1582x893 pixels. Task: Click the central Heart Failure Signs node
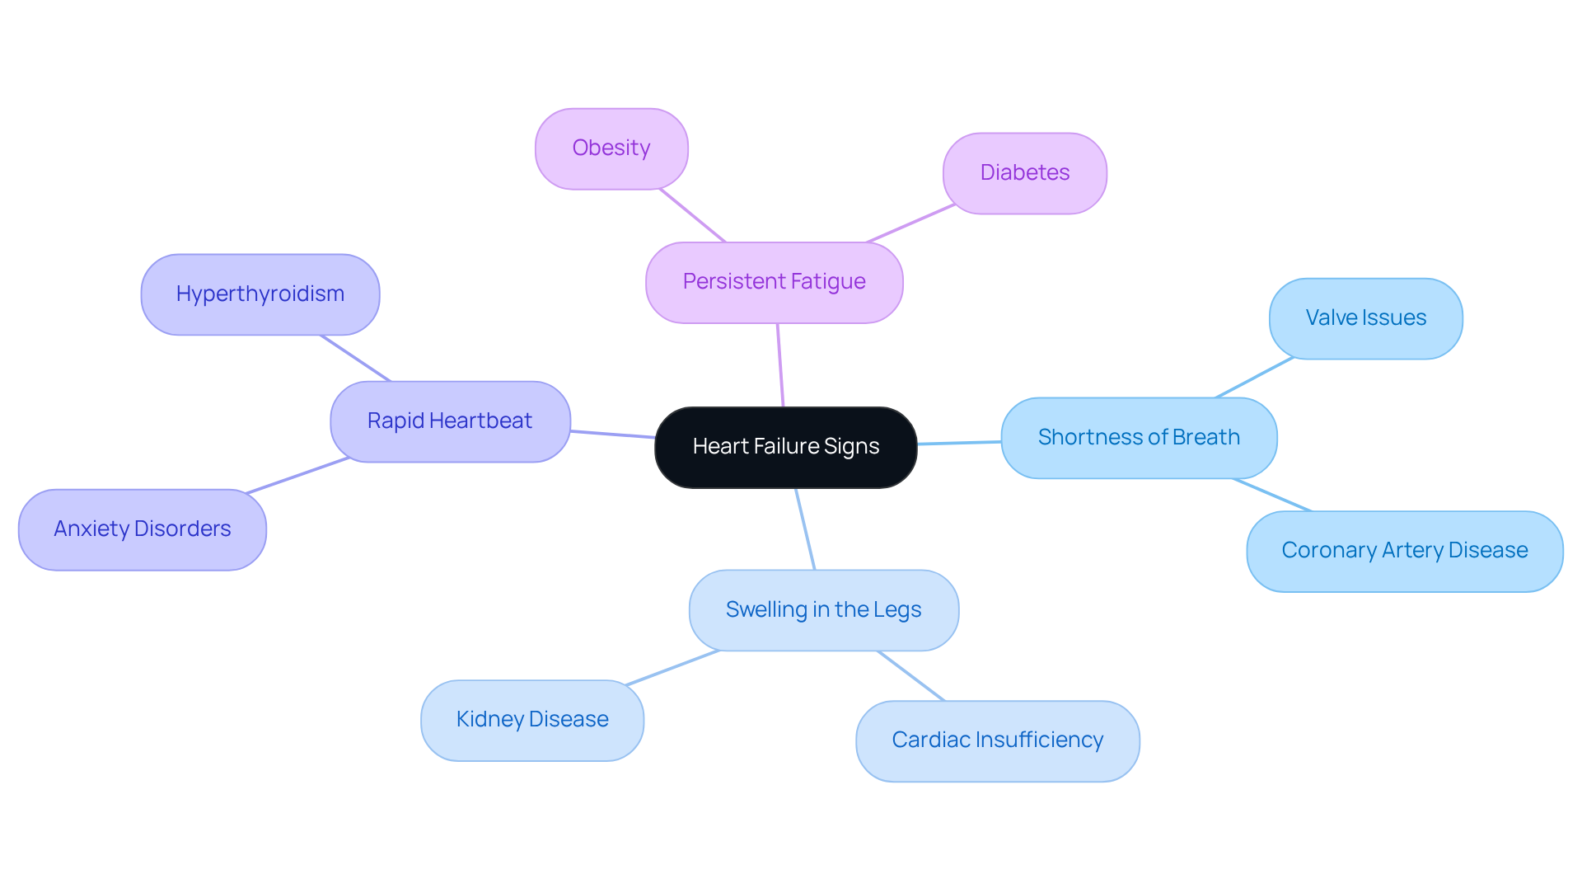tap(785, 447)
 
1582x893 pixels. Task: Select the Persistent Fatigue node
tap(774, 282)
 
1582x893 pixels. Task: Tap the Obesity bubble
tap(611, 148)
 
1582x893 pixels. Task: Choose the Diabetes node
tap(1024, 173)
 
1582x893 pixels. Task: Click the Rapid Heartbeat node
tap(450, 421)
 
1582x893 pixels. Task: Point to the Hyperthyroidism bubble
tap(260, 294)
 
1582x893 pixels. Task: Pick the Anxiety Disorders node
tap(143, 529)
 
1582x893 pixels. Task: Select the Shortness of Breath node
tap(1139, 438)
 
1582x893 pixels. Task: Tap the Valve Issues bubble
tap(1365, 318)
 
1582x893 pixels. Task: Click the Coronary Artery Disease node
tap(1404, 551)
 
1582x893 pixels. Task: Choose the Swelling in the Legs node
tap(823, 610)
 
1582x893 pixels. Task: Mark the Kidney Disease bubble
tap(532, 720)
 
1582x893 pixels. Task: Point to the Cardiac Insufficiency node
tap(997, 740)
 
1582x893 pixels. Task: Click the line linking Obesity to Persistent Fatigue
tap(692, 215)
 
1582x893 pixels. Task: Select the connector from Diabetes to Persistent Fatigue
tap(910, 223)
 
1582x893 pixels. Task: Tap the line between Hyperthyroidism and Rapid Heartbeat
tap(355, 358)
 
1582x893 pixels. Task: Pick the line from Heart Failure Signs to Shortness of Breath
tap(959, 443)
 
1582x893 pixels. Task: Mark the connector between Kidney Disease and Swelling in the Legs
tap(673, 667)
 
